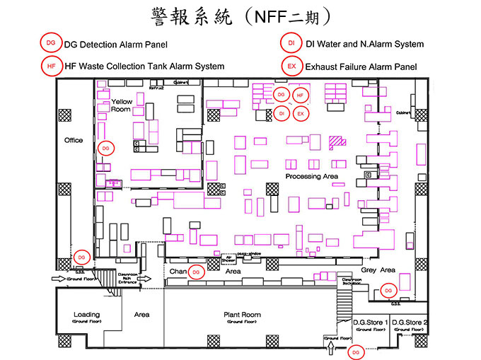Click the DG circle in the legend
tap(50, 43)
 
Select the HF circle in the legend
tap(50, 66)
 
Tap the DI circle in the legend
tap(291, 43)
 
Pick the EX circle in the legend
tap(291, 66)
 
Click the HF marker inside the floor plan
tap(300, 94)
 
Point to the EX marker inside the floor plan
tap(300, 113)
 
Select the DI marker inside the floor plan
tap(281, 113)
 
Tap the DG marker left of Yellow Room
tap(105, 148)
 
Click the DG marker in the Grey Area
tap(388, 290)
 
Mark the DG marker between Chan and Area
tap(197, 271)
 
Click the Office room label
tap(74, 140)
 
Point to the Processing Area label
tap(311, 176)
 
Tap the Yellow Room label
tap(122, 106)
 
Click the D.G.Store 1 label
tap(371, 323)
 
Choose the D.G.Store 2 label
tap(410, 323)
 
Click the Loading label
tap(87, 314)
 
